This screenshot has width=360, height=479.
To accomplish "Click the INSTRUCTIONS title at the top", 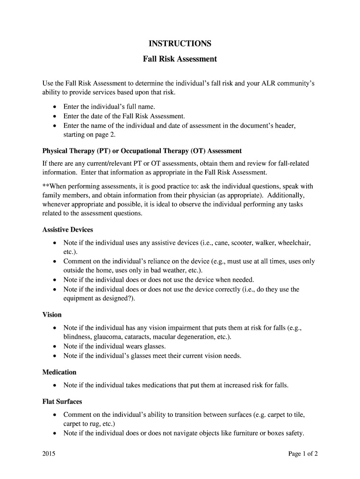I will pyautogui.click(x=180, y=44).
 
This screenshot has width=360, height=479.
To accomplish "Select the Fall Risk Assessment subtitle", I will pyautogui.click(x=180, y=59).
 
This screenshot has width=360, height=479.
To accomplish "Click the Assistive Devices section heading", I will pyautogui.click(x=67, y=230).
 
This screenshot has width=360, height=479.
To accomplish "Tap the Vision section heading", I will pyautogui.click(x=52, y=314).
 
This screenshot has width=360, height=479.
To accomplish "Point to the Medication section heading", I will pyautogui.click(x=59, y=372).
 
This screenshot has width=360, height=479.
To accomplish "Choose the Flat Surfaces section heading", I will pyautogui.click(x=62, y=401).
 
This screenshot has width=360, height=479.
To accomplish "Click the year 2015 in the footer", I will pyautogui.click(x=49, y=454).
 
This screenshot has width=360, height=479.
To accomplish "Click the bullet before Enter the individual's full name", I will pyautogui.click(x=55, y=107).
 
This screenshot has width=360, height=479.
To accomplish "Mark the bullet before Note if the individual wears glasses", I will pyautogui.click(x=55, y=347).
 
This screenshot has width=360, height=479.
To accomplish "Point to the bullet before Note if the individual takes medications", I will pyautogui.click(x=55, y=385).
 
